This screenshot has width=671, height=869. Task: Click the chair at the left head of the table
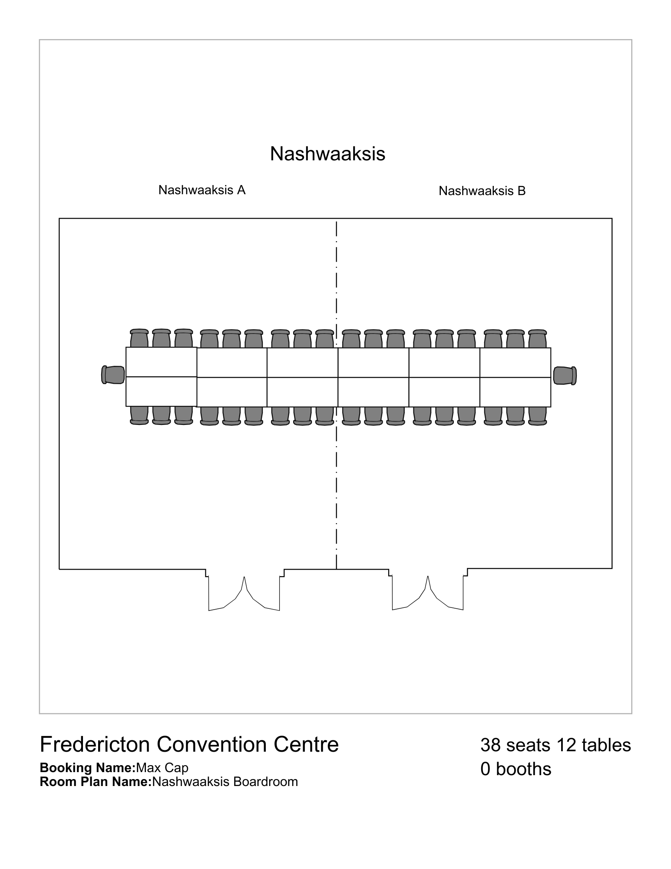point(113,375)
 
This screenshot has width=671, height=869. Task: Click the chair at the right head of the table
point(565,376)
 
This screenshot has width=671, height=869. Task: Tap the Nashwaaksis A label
point(202,190)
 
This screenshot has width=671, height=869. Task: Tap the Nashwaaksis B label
point(482,191)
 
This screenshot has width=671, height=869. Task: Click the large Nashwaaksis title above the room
point(328,154)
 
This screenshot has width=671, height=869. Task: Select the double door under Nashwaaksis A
point(244,593)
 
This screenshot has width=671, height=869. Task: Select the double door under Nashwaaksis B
point(428,593)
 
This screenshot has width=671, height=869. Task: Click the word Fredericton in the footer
point(95,744)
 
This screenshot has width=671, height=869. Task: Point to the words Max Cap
point(162,768)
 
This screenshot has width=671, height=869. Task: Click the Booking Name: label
point(88,768)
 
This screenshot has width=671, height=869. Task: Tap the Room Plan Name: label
point(96,782)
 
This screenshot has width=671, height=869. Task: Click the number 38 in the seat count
point(491,745)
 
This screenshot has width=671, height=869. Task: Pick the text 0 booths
point(516,769)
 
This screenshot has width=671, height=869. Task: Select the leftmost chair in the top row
point(139,338)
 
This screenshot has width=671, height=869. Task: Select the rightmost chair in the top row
point(537,338)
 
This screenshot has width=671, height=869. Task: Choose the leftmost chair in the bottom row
point(139,415)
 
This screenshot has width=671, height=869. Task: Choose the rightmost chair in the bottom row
point(537,416)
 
